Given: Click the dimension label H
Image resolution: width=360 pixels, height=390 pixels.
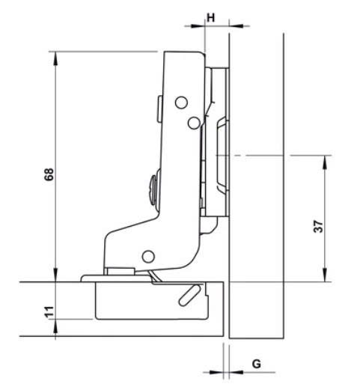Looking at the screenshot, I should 211,16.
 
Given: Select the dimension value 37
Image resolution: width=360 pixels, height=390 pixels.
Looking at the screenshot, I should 318,228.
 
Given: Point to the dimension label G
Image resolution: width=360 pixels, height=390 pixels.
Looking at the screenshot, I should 255,364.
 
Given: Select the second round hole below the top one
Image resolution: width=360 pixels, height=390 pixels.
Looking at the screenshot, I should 193,121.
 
